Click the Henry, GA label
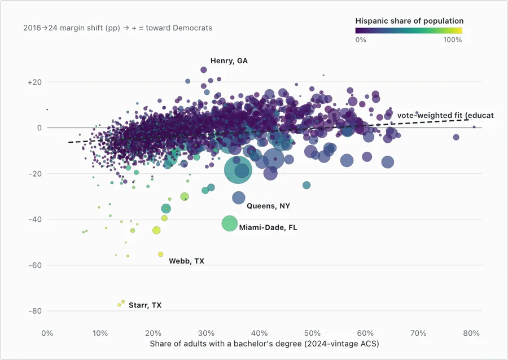point(229,61)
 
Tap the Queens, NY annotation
point(268,206)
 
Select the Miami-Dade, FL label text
point(268,227)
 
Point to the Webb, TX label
point(186,261)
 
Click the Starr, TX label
point(145,305)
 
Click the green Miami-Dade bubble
point(229,223)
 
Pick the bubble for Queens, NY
point(238,198)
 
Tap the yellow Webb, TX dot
point(161,254)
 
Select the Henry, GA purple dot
point(203,69)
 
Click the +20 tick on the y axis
point(34,82)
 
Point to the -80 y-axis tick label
point(35,311)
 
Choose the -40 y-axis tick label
point(35,219)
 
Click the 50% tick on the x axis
point(312,333)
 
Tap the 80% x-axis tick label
point(471,333)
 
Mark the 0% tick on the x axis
point(47,333)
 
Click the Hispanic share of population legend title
point(409,21)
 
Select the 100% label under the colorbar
point(452,40)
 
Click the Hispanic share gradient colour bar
point(409,31)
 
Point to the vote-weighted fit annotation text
point(445,115)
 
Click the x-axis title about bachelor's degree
point(264,344)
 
